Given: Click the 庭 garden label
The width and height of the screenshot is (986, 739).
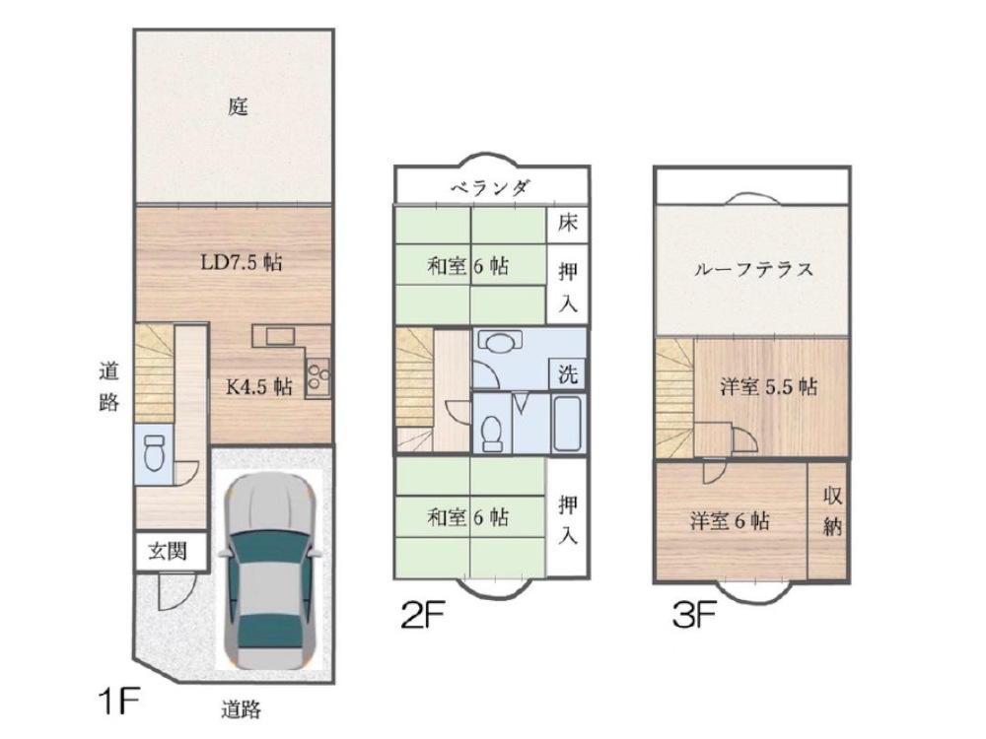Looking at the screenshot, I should [238, 107].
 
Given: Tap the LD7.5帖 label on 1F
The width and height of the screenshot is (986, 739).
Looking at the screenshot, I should [243, 263].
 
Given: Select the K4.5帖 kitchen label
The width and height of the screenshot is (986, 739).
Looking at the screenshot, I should [259, 386].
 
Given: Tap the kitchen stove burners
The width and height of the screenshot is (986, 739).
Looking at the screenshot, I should [317, 376].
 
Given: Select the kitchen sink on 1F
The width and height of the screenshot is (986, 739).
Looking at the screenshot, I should [280, 336].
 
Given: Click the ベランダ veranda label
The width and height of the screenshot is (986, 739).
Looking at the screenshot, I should [491, 187].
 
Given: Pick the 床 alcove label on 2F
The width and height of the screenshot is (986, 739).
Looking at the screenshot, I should [568, 223].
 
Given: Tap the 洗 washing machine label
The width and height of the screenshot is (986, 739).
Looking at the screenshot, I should [568, 375].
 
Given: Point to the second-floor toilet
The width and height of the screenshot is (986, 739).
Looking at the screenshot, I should [492, 429].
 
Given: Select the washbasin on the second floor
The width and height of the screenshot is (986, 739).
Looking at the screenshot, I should [499, 344].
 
